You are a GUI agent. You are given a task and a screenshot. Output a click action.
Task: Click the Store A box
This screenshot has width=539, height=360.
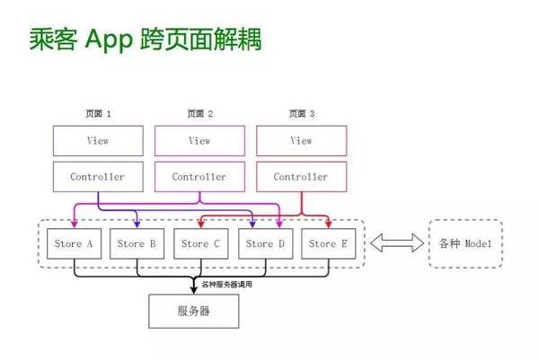[75, 243]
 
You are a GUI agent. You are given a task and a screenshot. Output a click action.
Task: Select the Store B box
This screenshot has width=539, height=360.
[137, 243]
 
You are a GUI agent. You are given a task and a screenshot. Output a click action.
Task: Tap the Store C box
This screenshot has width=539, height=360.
[200, 243]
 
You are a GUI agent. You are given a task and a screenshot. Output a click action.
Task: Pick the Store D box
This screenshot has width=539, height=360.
[265, 243]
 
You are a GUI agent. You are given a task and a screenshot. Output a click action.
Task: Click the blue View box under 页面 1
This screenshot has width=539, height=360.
[98, 141]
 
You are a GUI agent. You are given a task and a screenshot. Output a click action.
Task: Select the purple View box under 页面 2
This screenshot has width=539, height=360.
[199, 141]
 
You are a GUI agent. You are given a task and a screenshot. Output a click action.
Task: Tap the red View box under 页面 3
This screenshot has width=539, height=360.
[302, 141]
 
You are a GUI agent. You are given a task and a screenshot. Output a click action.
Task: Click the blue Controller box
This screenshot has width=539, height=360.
[98, 177]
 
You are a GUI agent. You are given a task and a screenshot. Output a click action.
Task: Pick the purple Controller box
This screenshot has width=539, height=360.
[199, 177]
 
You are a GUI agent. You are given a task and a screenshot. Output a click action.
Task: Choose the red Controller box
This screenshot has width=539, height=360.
[302, 177]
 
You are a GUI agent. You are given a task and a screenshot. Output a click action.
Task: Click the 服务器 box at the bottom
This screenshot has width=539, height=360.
[194, 312]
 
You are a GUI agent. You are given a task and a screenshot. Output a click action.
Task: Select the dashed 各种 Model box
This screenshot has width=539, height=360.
[465, 243]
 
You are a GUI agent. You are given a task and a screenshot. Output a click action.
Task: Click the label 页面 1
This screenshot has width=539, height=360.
[98, 114]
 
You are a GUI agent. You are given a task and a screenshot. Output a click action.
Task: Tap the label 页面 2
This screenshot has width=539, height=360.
[199, 114]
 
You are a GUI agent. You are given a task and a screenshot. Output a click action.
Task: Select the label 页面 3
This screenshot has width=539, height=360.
[302, 114]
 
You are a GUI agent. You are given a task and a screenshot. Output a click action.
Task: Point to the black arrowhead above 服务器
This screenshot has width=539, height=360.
[194, 288]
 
